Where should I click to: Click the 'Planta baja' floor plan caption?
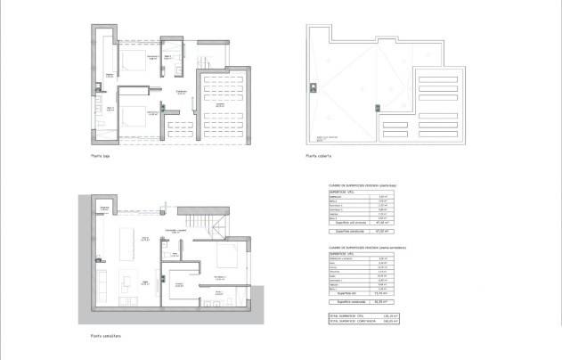[x=100, y=156]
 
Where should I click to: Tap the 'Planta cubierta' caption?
[x=318, y=156]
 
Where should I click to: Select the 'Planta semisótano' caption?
[x=105, y=336]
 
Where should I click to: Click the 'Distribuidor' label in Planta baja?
[x=181, y=93]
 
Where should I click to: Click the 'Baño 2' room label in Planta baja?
[x=168, y=55]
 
